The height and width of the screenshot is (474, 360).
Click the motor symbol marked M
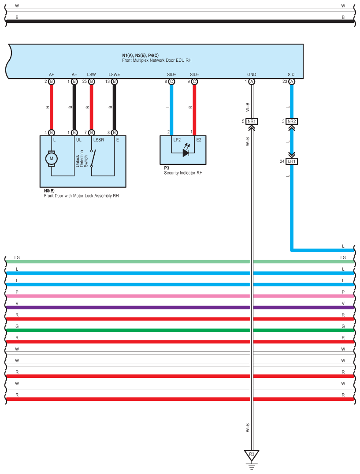[52, 158]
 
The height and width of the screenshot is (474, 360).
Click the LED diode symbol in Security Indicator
[186, 153]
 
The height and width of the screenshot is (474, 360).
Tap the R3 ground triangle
[252, 455]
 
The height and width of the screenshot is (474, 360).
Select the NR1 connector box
[252, 122]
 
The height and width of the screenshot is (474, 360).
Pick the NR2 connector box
[292, 122]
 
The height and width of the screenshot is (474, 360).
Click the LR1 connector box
[292, 161]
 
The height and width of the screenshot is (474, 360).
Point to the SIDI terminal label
[291, 75]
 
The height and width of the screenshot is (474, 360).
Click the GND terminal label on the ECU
[252, 75]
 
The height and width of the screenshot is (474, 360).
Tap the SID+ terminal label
[171, 75]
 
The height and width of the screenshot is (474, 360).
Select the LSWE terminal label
[114, 75]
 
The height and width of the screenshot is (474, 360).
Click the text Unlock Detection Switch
[82, 159]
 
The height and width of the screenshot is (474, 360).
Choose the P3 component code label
[167, 168]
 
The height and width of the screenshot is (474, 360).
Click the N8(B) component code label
[49, 191]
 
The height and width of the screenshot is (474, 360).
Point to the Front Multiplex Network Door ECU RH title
[157, 60]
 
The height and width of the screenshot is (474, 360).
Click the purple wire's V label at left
[17, 303]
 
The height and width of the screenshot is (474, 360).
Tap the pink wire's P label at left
[17, 292]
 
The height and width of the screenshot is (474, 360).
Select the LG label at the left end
[17, 258]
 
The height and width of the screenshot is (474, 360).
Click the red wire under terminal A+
[52, 107]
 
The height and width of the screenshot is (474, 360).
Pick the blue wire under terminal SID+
[171, 109]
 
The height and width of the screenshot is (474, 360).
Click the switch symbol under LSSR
[93, 158]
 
